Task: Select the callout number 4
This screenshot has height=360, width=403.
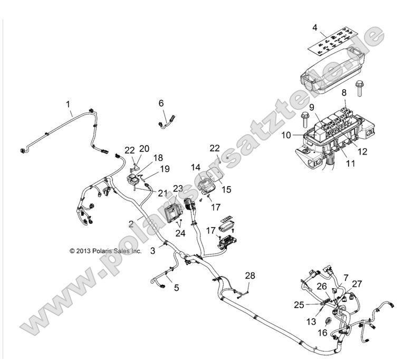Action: click(x=314, y=27)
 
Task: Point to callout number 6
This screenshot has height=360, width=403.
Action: click(x=161, y=103)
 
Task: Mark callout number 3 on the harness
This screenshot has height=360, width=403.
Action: click(x=152, y=251)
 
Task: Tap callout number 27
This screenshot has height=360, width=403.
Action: click(x=357, y=284)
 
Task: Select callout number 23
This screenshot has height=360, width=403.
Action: click(x=177, y=188)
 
